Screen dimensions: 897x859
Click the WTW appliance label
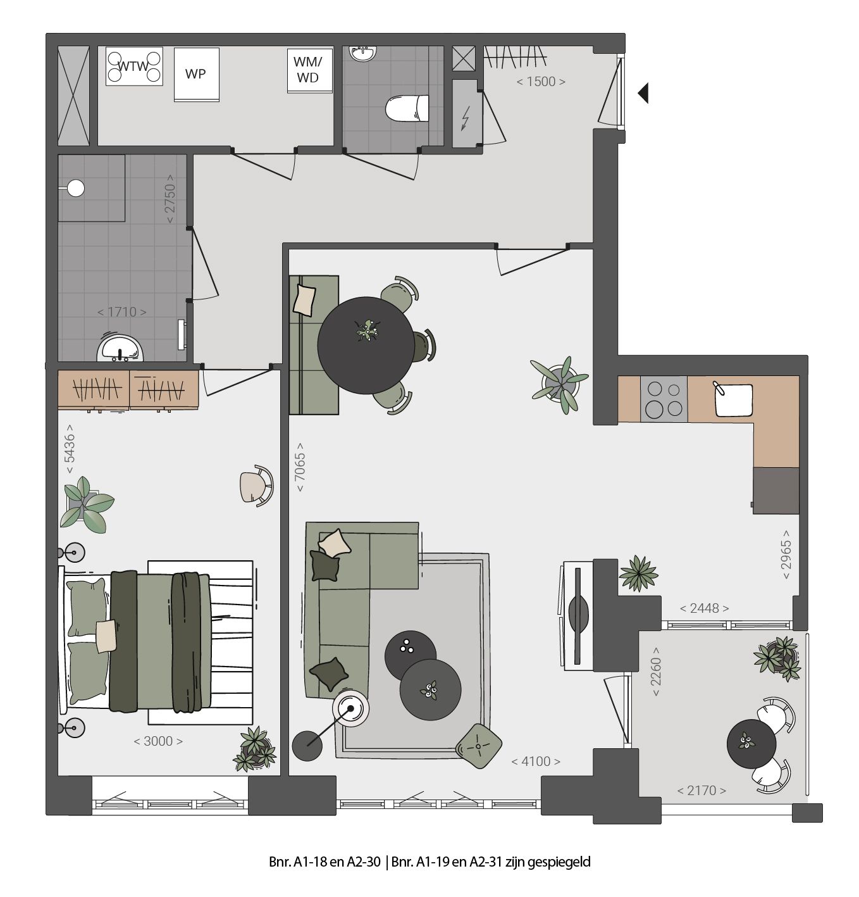coord(133,66)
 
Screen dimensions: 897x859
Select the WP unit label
coord(195,73)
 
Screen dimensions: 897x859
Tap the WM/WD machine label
coord(308,70)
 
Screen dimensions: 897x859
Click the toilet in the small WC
coord(405,108)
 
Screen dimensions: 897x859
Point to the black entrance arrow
coord(643,93)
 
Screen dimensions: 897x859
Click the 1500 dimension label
coord(540,81)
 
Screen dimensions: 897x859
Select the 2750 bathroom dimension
coord(170,199)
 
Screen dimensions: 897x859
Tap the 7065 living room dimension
coord(300,467)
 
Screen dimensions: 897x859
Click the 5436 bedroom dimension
coord(70,453)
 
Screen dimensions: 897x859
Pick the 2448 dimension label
coord(704,608)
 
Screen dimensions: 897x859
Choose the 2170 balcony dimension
coord(701,790)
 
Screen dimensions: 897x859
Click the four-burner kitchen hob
coord(664,399)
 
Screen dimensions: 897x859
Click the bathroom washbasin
coord(120,348)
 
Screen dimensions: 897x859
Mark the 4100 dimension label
coord(535,762)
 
